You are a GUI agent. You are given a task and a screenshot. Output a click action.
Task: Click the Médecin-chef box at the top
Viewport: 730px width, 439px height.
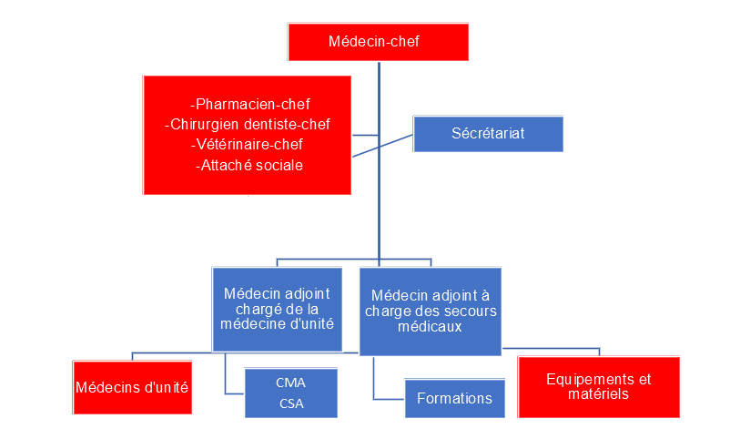378,42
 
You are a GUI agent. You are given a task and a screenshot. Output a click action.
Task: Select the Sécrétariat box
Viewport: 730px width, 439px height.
488,135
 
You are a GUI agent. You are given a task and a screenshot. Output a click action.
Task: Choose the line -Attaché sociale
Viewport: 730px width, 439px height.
249,165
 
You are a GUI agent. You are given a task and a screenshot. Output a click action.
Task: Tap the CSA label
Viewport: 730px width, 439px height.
290,403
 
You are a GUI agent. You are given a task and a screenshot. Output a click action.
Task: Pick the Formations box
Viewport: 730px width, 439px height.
454,398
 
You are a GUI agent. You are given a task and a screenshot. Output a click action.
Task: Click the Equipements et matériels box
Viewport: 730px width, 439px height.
598,387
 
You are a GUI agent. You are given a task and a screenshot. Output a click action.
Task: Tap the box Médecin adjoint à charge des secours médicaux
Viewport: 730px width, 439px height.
430,310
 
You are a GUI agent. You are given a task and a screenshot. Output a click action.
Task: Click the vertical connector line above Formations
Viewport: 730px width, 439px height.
374,376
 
